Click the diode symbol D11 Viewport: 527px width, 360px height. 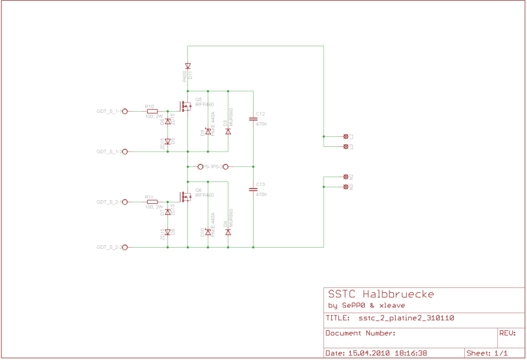187,66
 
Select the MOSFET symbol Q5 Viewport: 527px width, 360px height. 186,107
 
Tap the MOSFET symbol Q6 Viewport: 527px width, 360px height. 186,197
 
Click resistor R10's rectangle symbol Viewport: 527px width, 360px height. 152,111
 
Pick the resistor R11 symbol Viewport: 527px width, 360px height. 152,201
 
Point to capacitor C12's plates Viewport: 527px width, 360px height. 253,119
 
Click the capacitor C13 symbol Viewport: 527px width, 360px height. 253,189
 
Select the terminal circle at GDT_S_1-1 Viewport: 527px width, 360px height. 125,111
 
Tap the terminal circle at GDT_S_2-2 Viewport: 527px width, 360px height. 125,248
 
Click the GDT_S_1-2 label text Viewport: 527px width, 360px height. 109,152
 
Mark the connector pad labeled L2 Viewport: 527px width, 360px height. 345,136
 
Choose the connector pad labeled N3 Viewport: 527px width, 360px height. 345,187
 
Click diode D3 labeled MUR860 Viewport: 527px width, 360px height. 228,132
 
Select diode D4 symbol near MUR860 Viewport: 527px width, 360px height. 228,232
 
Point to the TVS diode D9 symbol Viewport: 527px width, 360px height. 208,132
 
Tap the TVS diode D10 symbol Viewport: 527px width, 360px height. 208,232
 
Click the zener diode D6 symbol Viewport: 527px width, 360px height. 167,121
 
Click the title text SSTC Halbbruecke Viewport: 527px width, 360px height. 381,294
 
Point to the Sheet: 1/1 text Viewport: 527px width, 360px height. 487,353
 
